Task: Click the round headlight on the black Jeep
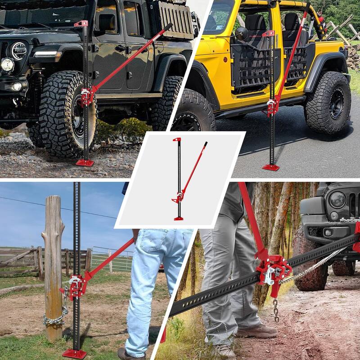18,50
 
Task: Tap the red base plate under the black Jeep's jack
84,162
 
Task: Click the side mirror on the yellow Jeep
242,33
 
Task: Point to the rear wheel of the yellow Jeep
328,102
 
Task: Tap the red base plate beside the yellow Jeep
271,167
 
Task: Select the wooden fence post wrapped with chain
53,265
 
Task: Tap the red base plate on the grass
74,353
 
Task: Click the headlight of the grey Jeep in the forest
337,200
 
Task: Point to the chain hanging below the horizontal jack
275,310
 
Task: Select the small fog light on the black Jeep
7,65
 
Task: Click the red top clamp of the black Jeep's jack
81,23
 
